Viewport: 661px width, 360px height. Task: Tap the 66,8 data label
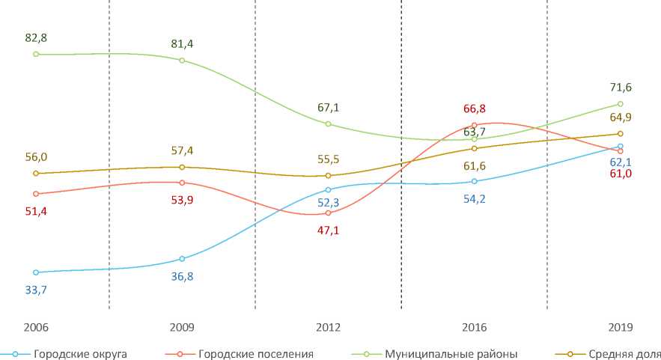(x=475, y=109)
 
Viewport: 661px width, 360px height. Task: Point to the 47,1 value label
(x=328, y=231)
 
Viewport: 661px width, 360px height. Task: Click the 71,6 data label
(x=621, y=88)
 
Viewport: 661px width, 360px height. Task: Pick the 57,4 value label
(x=182, y=150)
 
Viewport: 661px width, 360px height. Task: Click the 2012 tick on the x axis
(x=328, y=327)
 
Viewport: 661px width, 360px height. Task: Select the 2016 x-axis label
(x=475, y=327)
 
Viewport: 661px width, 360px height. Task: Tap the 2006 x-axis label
(x=36, y=327)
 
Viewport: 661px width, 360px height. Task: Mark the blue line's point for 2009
(x=182, y=259)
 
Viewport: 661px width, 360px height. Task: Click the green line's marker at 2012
(x=328, y=123)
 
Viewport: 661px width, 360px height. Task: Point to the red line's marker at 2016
(x=475, y=125)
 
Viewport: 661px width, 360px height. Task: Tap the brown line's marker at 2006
(x=36, y=174)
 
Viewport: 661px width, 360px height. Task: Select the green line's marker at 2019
(x=621, y=104)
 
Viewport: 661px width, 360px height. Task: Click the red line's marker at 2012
(x=328, y=213)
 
